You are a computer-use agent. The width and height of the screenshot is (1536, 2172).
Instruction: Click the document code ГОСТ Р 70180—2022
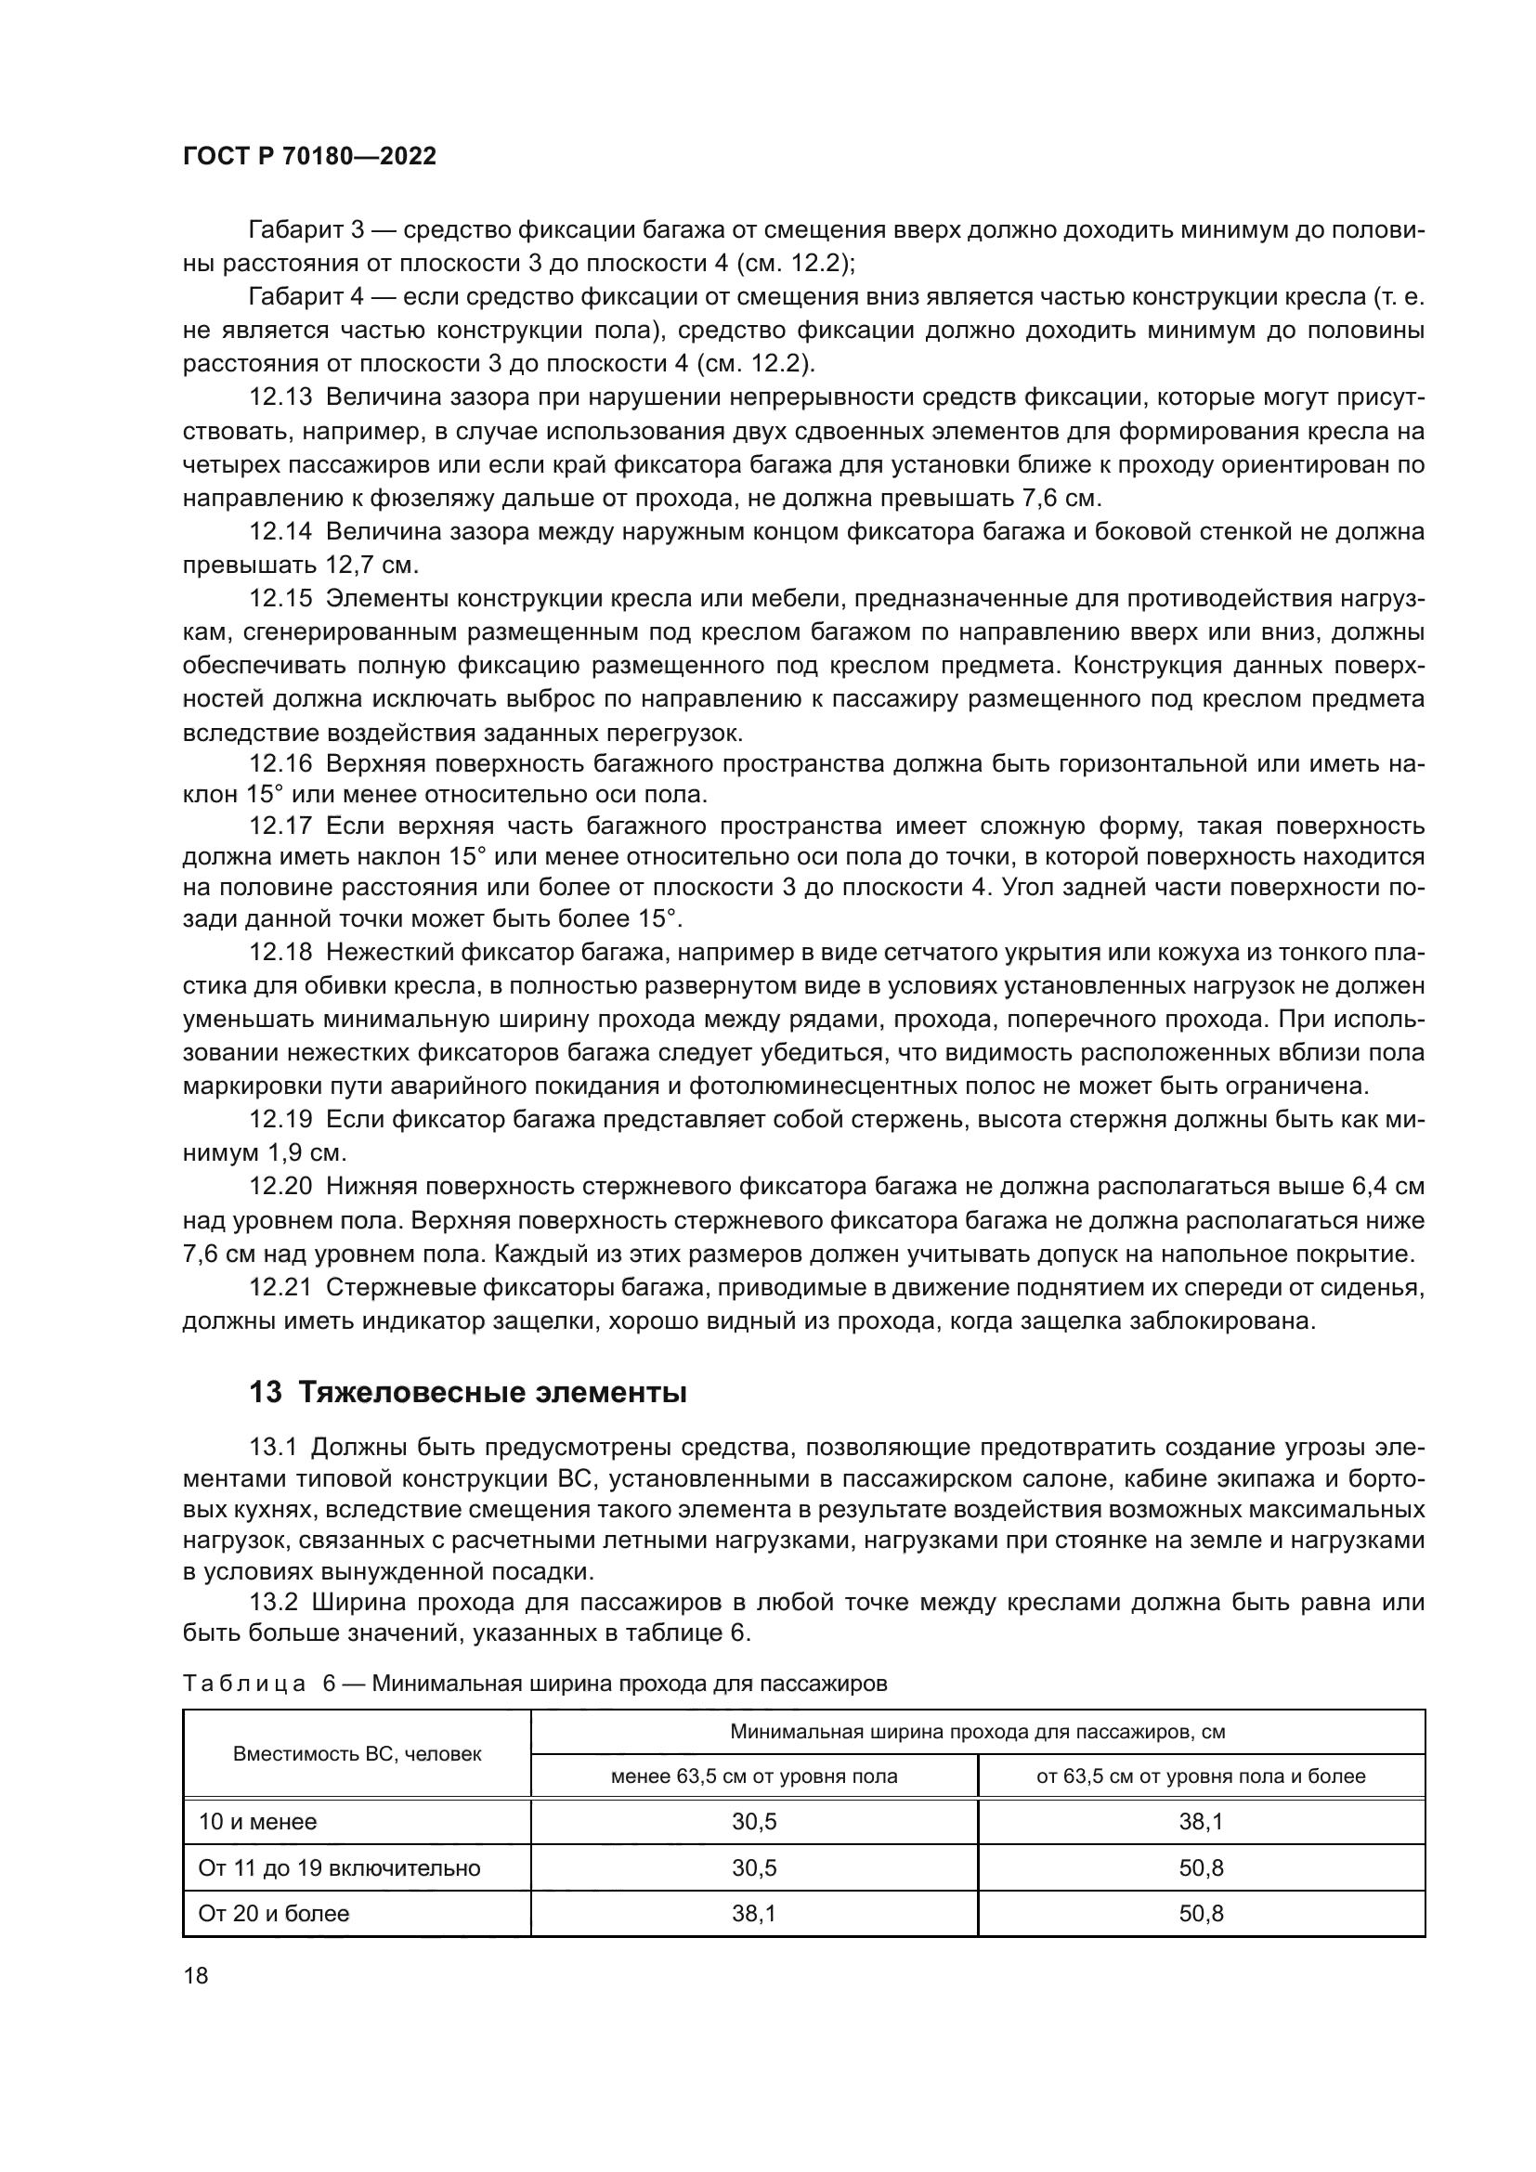click(x=309, y=157)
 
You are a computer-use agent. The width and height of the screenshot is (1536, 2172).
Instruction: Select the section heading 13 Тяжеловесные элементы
click(x=467, y=1393)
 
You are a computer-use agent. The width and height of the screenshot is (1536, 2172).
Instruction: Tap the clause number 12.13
click(x=280, y=398)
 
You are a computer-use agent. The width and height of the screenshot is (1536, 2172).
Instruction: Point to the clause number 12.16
click(x=280, y=763)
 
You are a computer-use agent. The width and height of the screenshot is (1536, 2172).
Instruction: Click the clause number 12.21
click(x=280, y=1289)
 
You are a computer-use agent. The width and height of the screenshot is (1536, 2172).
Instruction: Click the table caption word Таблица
click(x=244, y=1684)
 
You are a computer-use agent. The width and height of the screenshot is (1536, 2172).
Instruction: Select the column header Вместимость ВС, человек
click(x=357, y=1754)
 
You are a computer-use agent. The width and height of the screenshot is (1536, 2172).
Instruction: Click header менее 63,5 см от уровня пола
click(x=754, y=1776)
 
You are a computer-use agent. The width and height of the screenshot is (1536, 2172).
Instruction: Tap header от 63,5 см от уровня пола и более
click(x=1200, y=1776)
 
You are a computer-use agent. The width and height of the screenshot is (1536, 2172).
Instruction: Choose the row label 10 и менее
click(x=257, y=1822)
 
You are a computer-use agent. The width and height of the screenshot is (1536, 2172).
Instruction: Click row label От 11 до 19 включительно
click(x=339, y=1868)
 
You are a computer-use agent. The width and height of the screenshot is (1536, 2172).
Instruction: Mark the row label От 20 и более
click(x=273, y=1914)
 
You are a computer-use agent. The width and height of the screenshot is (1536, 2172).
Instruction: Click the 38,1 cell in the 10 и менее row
click(x=1200, y=1822)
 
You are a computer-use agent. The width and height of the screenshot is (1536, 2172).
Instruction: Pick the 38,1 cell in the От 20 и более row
click(x=754, y=1914)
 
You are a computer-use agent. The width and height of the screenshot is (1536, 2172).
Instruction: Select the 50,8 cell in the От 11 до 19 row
click(x=1200, y=1868)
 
